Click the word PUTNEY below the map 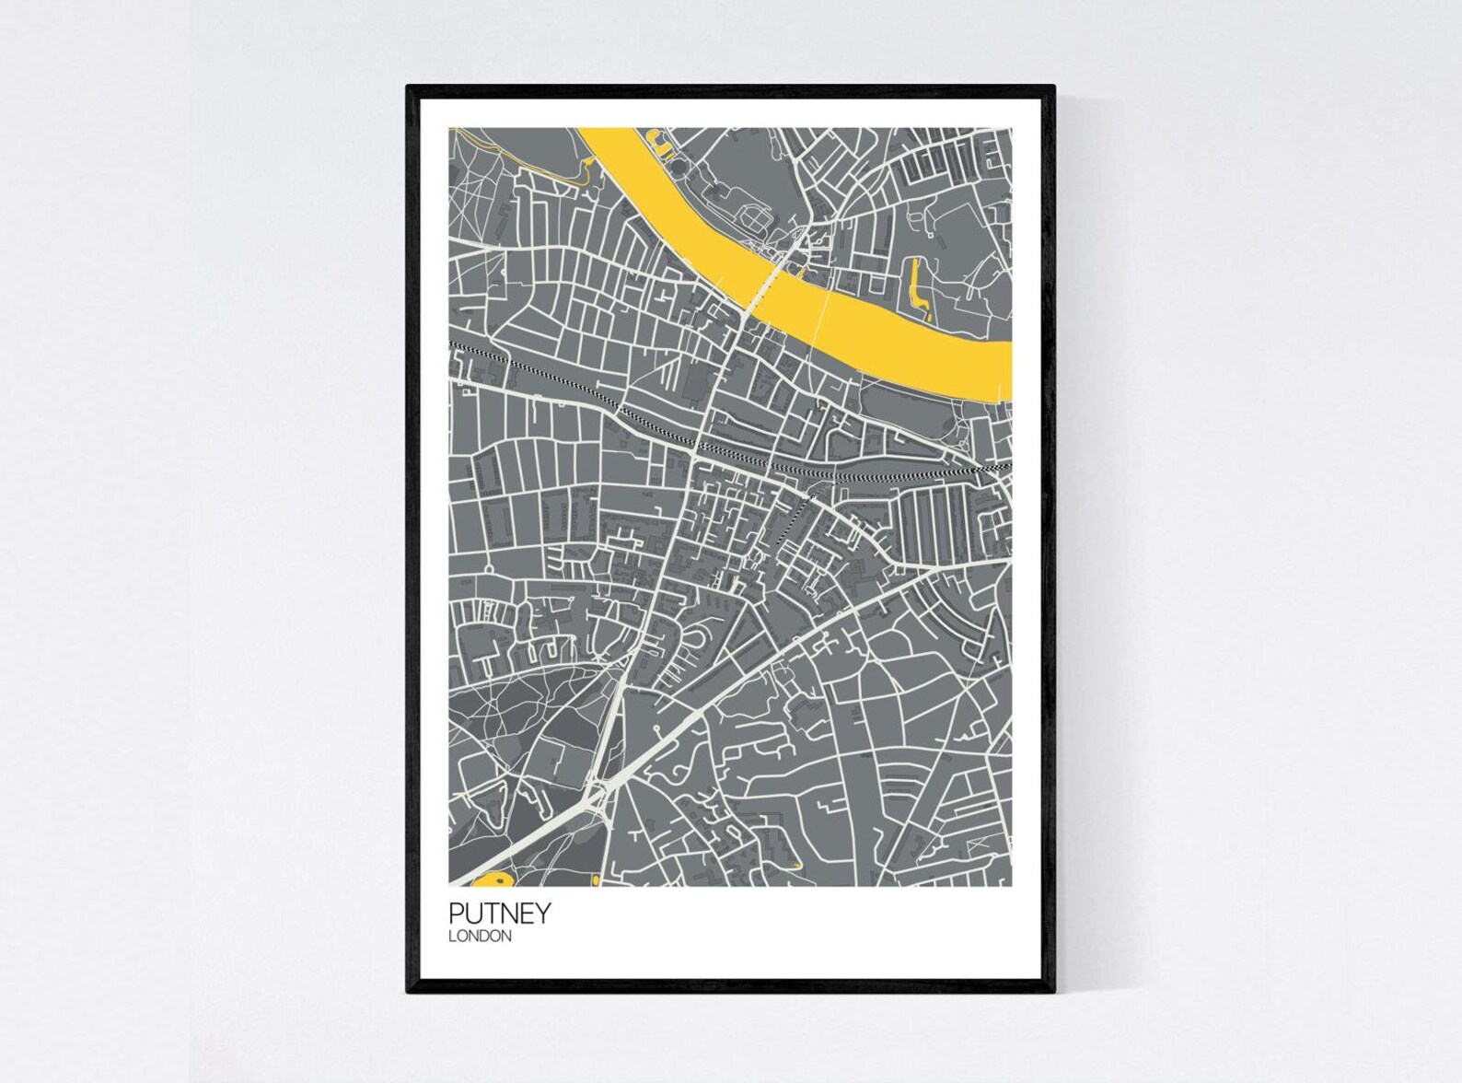point(500,914)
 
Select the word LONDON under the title point(480,937)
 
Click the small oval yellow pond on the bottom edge point(596,882)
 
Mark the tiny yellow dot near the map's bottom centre point(795,865)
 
